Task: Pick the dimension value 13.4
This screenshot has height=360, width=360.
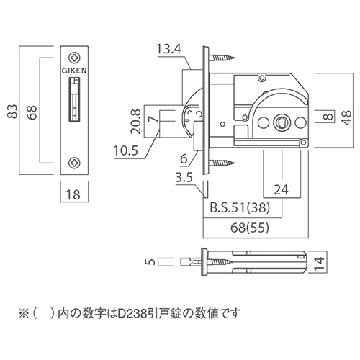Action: coord(167,49)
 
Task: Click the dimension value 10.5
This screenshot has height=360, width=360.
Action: coord(126,151)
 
